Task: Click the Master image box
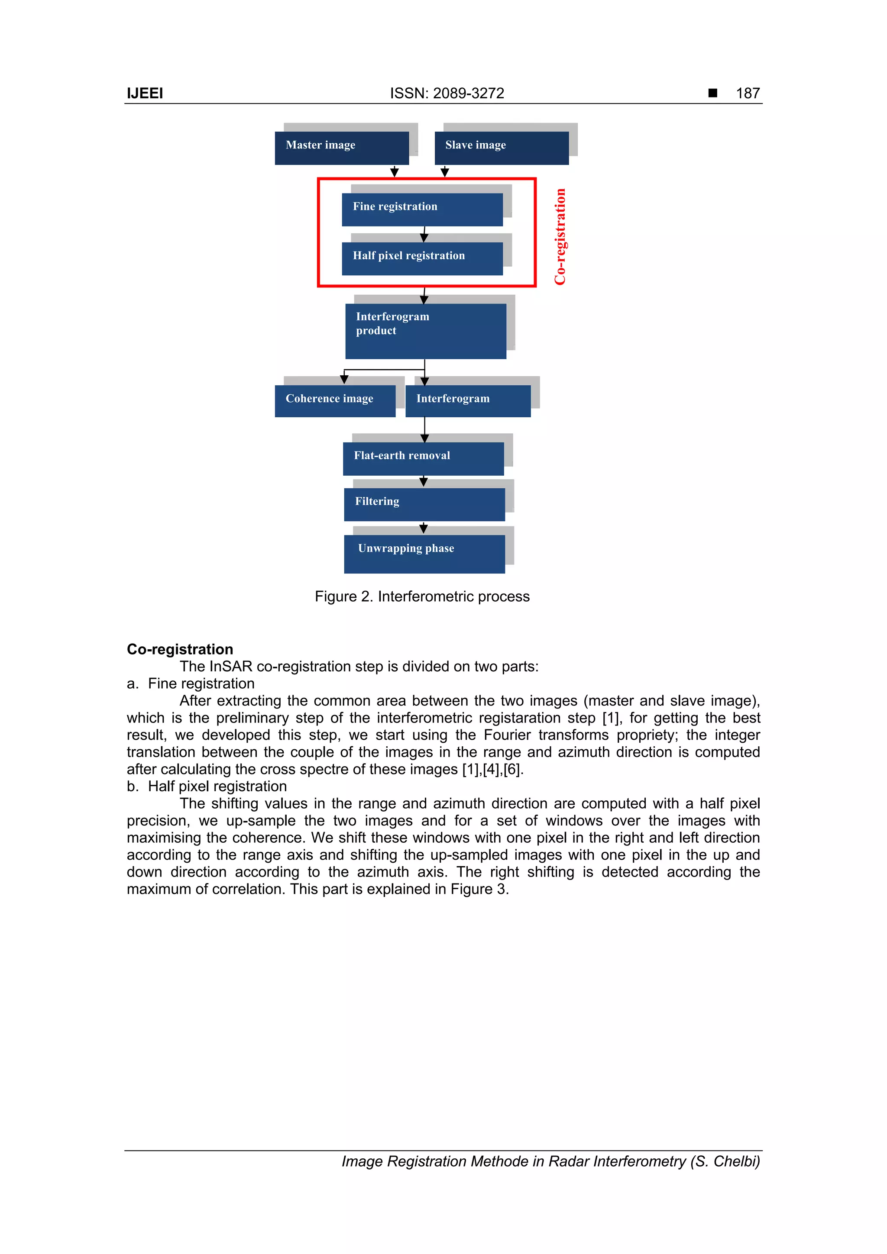[x=342, y=148]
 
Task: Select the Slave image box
[x=501, y=148]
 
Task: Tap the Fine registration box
[x=422, y=209]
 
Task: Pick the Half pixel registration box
[x=422, y=258]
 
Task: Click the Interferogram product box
[x=425, y=330]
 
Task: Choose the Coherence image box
[x=334, y=401]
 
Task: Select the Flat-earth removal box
[x=423, y=458]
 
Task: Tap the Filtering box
[x=424, y=504]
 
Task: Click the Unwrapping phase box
[x=424, y=553]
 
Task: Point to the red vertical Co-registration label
[x=560, y=236]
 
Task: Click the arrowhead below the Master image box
[x=394, y=173]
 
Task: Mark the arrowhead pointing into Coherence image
[x=344, y=380]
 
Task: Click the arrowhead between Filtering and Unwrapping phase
[x=424, y=529]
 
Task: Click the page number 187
[x=748, y=93]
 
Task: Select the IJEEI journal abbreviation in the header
[x=145, y=93]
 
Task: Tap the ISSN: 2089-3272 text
[x=447, y=93]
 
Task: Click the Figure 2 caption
[x=422, y=596]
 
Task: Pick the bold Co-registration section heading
[x=180, y=649]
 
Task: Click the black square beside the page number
[x=712, y=93]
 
